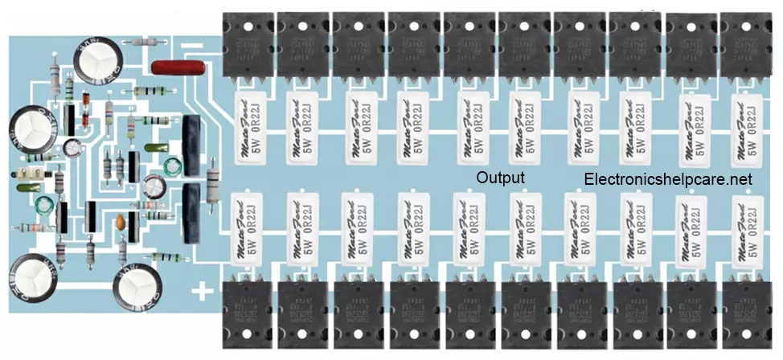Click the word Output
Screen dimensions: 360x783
(x=500, y=178)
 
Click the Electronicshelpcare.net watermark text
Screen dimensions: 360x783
(x=668, y=180)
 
